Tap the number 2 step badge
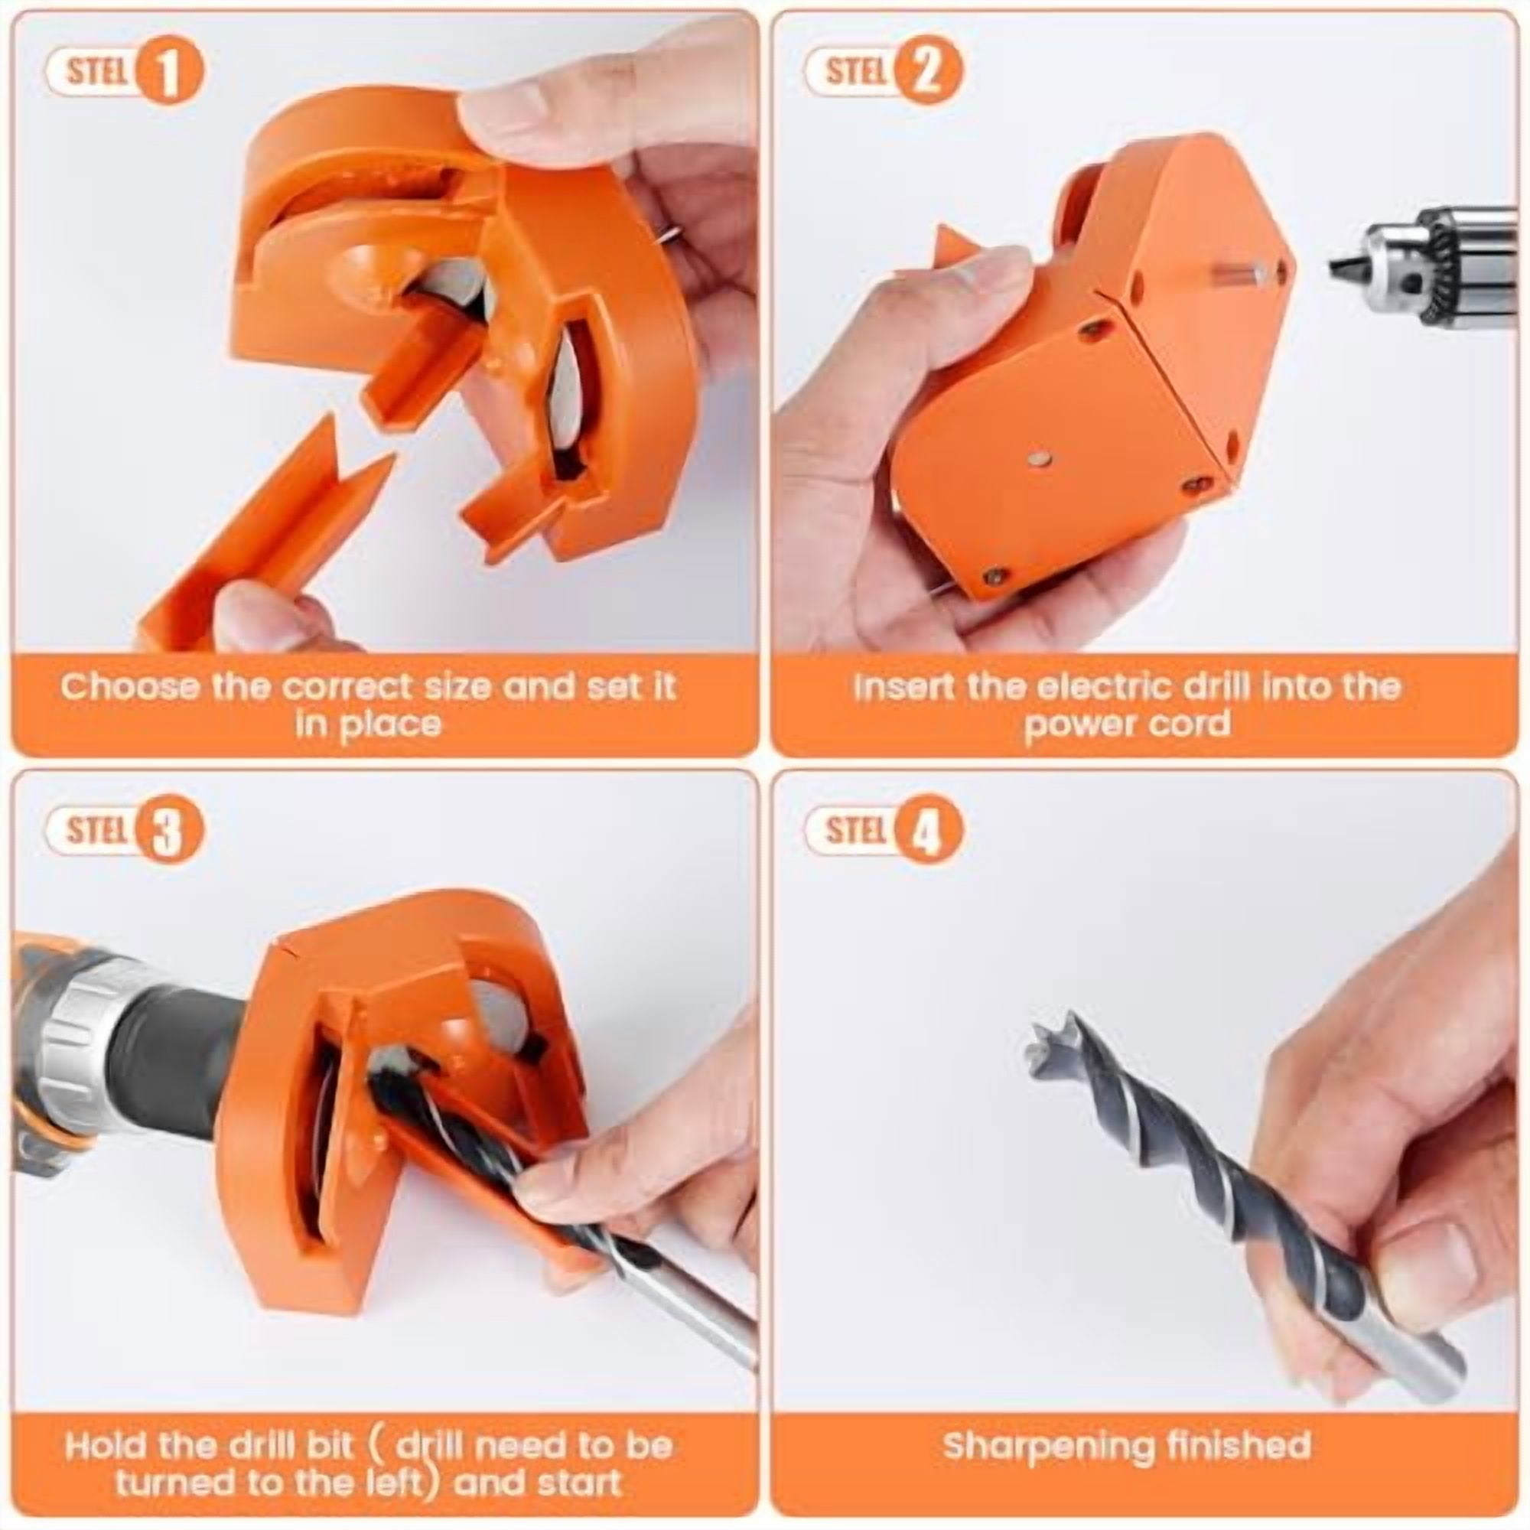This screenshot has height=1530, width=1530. [x=928, y=73]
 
